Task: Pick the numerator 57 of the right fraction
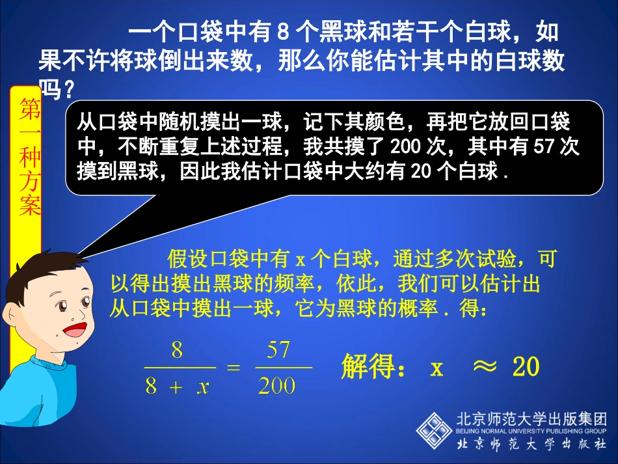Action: pos(278,351)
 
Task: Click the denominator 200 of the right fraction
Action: pos(277,387)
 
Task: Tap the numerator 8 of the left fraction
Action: pos(177,351)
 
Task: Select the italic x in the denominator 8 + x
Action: pos(203,387)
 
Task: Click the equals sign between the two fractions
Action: pos(233,368)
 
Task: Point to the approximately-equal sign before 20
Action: pos(483,368)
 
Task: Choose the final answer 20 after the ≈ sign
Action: pos(526,368)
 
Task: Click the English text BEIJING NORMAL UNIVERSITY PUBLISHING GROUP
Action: pos(532,431)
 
